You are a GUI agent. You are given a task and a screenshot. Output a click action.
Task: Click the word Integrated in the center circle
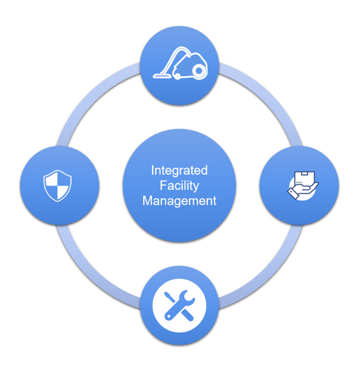(179, 170)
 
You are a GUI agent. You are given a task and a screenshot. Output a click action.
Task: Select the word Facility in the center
(179, 186)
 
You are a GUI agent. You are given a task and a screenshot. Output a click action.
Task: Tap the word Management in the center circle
(179, 201)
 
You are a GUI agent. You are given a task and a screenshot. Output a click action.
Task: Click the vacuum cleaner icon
(180, 64)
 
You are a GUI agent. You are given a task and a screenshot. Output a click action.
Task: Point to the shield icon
(57, 186)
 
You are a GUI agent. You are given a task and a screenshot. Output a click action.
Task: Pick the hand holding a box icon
(302, 186)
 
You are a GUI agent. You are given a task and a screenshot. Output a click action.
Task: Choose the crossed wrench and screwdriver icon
(179, 305)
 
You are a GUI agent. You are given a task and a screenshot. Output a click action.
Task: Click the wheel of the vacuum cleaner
(199, 70)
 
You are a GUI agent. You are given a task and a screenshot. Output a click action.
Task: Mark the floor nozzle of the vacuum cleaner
(162, 75)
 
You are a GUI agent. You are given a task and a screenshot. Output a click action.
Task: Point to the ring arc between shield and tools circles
(89, 268)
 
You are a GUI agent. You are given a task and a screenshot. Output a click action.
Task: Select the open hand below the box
(300, 192)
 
